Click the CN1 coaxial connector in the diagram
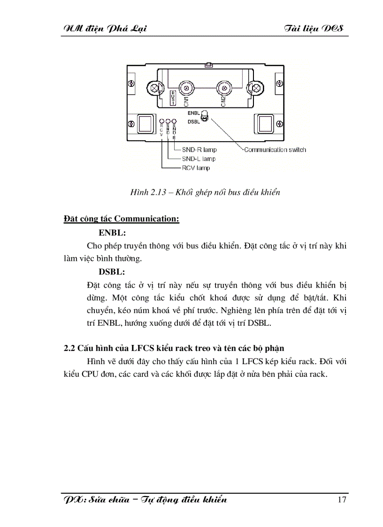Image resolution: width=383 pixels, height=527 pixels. pos(187,88)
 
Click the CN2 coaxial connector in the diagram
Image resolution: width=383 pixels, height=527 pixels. pos(224,88)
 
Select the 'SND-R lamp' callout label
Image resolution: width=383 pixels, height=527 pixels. pos(199,150)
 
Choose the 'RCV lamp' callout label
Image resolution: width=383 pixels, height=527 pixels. pos(196,168)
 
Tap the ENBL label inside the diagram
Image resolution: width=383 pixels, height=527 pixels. pos(194,113)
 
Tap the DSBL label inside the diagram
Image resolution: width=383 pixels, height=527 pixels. pos(194,122)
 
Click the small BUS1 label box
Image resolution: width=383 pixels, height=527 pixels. pos(172,97)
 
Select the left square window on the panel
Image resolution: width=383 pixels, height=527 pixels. pos(145,123)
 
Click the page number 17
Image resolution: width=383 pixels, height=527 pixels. pos(342,499)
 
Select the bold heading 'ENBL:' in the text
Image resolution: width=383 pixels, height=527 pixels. pos(113,232)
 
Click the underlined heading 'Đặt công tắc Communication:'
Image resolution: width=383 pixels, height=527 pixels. pos(122,219)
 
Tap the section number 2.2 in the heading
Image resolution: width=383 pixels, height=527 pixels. pos(69,348)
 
